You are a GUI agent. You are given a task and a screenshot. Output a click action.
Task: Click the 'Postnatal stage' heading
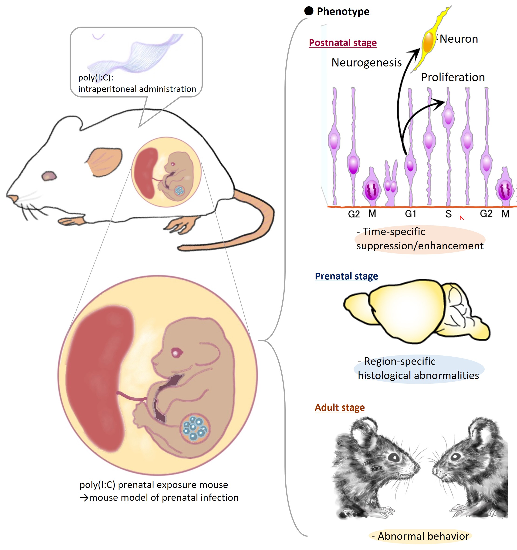pos(342,43)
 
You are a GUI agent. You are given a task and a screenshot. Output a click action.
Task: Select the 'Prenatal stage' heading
pos(346,276)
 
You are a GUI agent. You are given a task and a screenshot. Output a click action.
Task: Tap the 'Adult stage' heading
pos(340,407)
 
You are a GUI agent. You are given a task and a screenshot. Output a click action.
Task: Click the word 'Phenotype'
pos(343,12)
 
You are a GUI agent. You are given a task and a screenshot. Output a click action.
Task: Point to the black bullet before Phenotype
pos(309,11)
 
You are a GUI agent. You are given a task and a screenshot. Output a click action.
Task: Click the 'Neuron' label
pos(459,39)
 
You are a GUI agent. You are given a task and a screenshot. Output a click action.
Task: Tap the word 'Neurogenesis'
pos(366,63)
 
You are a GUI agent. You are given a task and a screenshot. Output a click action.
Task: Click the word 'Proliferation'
pos(453,77)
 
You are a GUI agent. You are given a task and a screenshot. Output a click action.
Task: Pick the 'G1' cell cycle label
pos(410,214)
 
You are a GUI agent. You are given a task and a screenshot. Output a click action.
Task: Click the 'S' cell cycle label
pos(449,214)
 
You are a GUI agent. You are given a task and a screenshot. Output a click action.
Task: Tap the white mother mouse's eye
pos(49,176)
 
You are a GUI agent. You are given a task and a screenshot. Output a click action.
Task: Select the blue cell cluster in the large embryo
pos(195,428)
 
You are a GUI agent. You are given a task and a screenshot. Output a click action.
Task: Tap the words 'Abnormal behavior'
pos(423,536)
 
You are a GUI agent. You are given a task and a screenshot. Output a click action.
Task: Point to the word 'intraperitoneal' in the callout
pos(108,89)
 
